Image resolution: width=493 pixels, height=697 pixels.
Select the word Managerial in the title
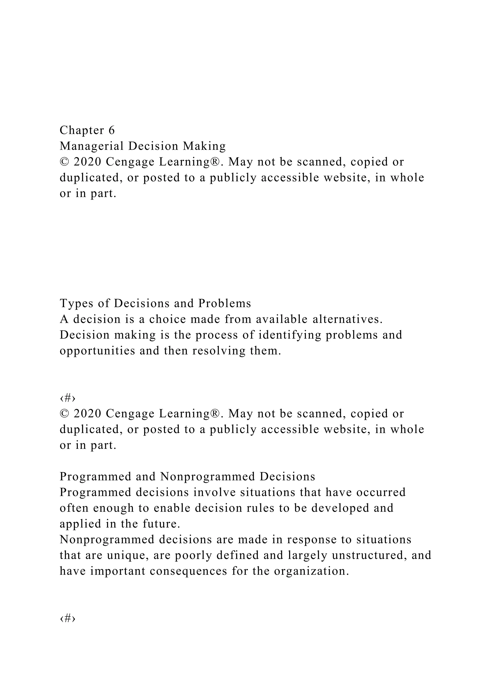pyautogui.click(x=91, y=146)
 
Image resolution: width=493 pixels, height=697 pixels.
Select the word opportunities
pyautogui.click(x=97, y=351)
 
